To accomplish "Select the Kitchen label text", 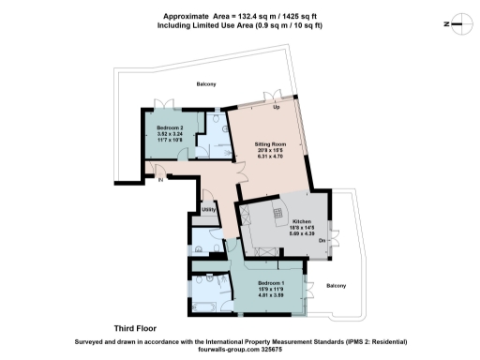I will pos(288,222).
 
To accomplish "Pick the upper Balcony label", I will pos(206,85).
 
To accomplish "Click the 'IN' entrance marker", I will pos(159,179).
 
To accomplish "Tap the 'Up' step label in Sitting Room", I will pos(276,107).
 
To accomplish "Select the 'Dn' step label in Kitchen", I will pos(322,240).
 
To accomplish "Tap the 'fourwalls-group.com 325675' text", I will pos(240,351).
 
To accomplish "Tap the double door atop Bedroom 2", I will pos(167,102).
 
